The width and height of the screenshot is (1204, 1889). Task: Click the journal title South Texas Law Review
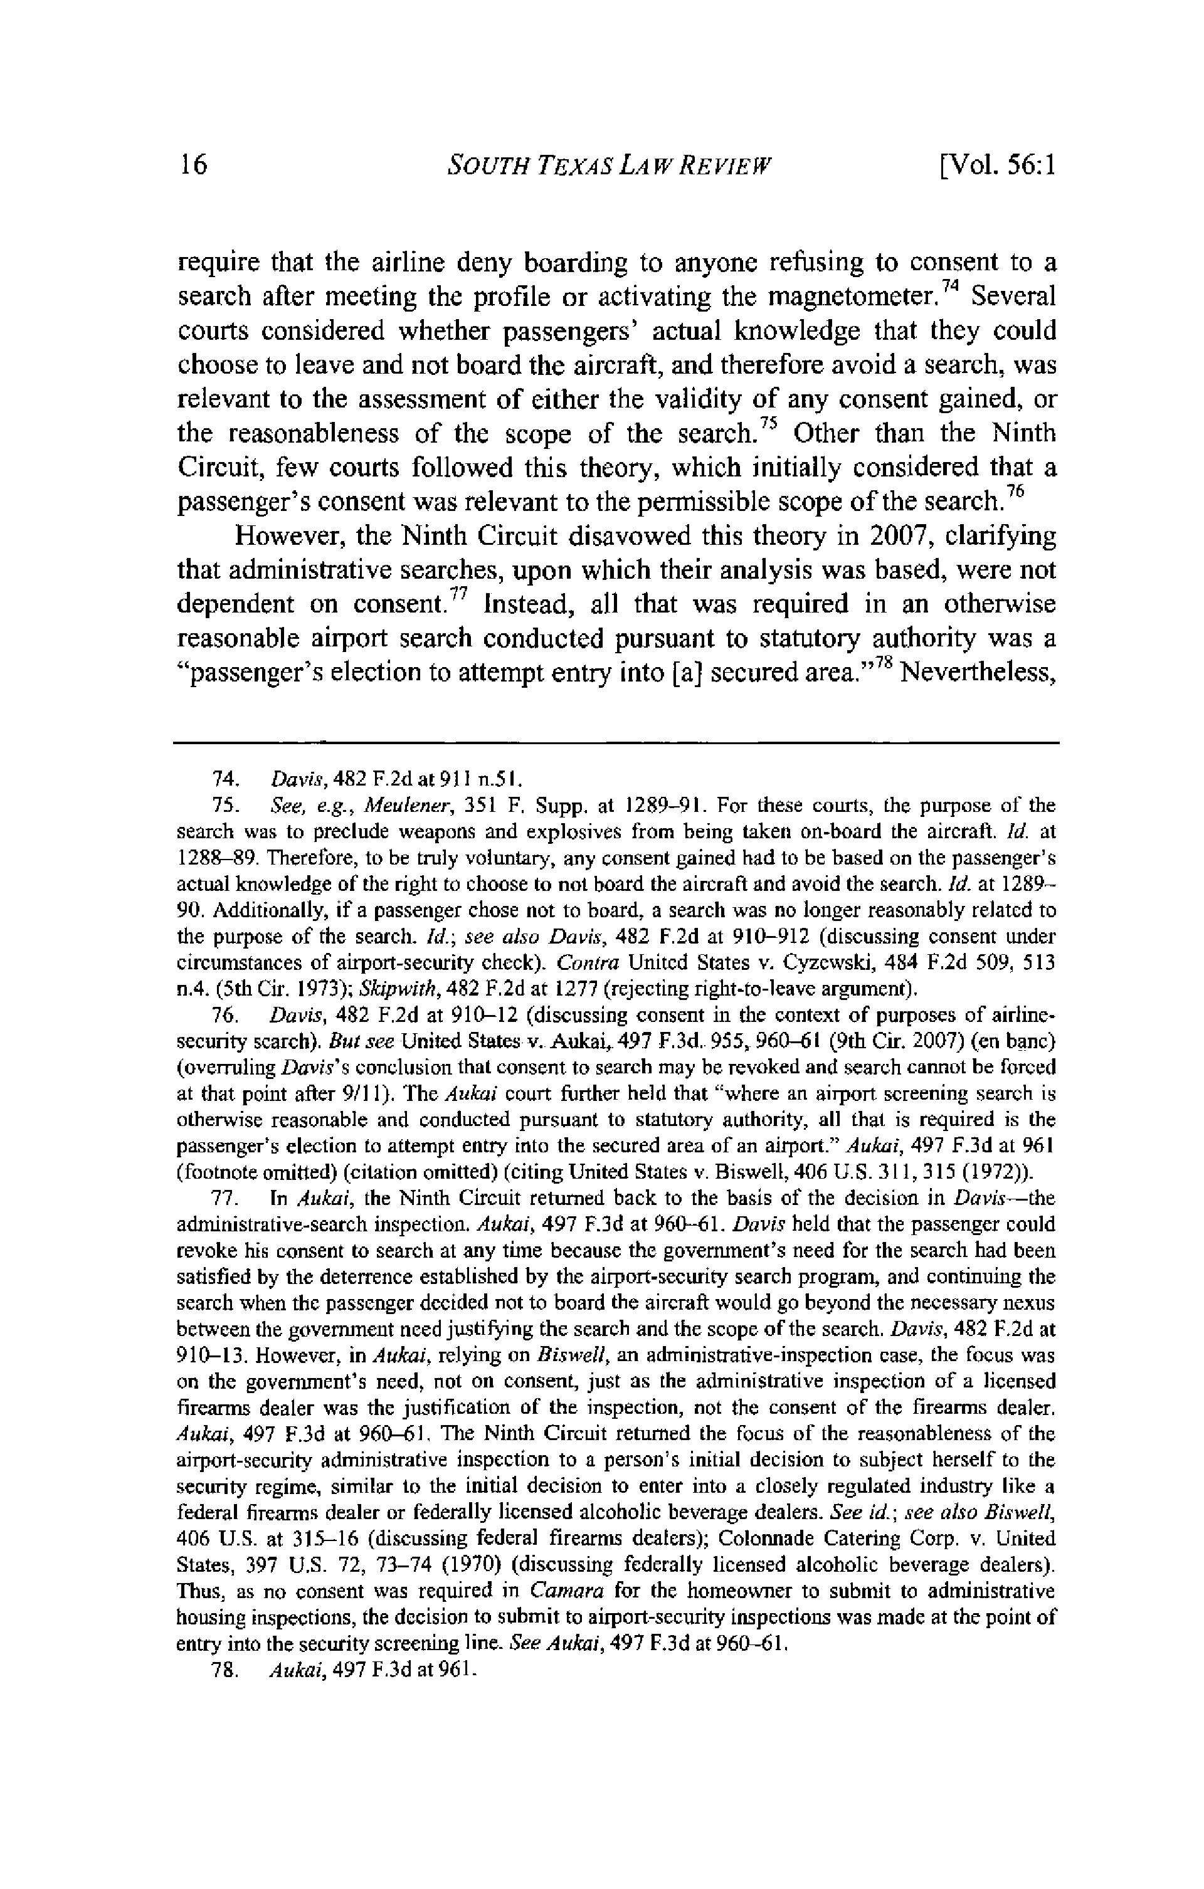[609, 166]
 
